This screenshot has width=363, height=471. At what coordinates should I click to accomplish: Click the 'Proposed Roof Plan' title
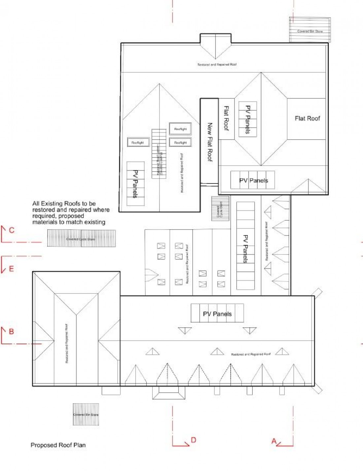tap(58, 445)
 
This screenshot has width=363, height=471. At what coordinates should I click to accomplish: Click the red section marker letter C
tap(12, 230)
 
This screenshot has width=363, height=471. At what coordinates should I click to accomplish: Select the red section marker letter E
tap(12, 269)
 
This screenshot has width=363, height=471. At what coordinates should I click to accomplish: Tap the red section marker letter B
tap(11, 331)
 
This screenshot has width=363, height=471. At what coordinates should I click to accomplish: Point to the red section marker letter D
tap(193, 440)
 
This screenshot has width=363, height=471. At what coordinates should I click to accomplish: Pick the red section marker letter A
tap(274, 441)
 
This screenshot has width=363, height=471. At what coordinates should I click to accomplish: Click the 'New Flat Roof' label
tap(210, 142)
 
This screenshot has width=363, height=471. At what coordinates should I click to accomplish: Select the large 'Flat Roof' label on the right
tap(307, 118)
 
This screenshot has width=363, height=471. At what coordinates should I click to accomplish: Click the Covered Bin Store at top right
tap(310, 30)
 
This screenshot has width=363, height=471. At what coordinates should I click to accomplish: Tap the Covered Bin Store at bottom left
tap(86, 414)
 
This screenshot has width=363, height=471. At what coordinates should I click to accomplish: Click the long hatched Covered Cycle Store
tap(81, 238)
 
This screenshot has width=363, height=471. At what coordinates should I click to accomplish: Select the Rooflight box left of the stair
tap(138, 142)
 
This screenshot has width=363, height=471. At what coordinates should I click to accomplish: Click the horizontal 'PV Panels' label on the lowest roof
tap(217, 314)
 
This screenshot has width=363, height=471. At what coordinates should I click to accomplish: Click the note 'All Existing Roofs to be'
tap(64, 204)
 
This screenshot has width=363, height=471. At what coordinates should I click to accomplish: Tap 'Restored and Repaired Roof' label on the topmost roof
tap(217, 65)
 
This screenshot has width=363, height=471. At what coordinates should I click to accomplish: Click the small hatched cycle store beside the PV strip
tap(220, 208)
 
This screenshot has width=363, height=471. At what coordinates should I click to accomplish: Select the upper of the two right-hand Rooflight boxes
tap(180, 129)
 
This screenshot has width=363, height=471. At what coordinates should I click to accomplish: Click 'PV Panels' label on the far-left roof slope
tap(135, 183)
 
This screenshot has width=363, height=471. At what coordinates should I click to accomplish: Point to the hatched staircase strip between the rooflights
tap(159, 153)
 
